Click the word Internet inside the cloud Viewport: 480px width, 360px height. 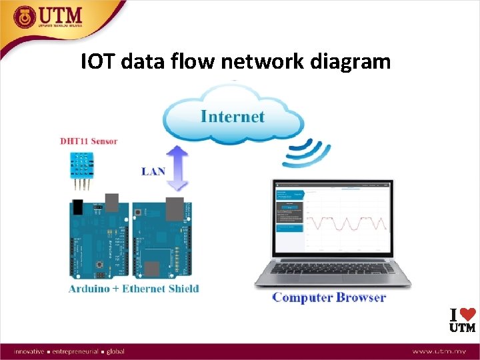click(x=233, y=117)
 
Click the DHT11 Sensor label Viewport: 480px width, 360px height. click(x=89, y=141)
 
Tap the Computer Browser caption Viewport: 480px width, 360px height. click(x=329, y=297)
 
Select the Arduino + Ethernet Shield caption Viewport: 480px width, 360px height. click(x=133, y=289)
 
